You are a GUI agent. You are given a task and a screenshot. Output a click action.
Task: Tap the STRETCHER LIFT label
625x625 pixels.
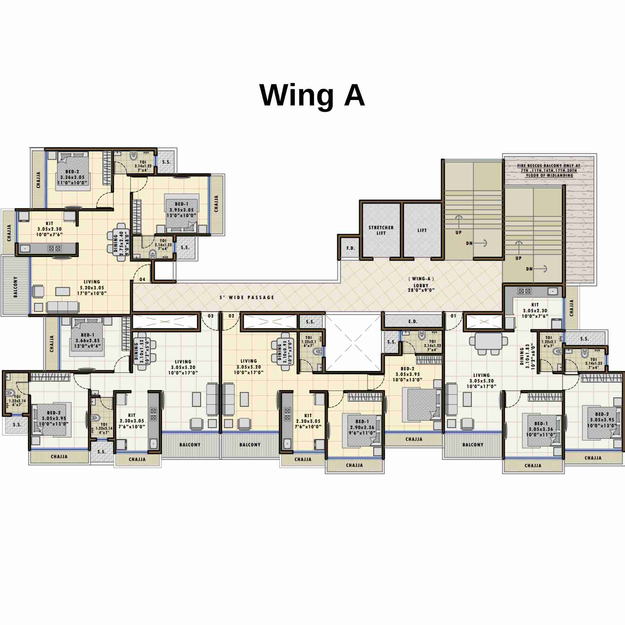coord(381,230)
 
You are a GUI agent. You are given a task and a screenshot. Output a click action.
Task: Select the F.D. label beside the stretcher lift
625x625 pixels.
coord(351,248)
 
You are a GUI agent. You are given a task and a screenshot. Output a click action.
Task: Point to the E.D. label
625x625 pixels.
coord(413,321)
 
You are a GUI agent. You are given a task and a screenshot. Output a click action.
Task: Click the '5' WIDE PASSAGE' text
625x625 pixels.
coord(247,297)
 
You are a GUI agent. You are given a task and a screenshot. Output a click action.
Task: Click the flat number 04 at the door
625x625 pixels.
coord(142,279)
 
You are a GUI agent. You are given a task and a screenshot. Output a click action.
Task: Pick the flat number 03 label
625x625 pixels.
coord(211,316)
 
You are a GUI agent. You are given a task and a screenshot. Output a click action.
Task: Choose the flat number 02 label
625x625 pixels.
coord(232,316)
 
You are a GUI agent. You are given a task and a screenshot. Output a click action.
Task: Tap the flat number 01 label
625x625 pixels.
coord(453,316)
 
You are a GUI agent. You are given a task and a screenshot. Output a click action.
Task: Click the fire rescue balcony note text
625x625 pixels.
coord(549,171)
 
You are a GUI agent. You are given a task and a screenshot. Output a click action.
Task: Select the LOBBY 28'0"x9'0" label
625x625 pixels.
coord(421,287)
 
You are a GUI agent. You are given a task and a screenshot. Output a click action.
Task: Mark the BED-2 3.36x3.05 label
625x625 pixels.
coord(72,177)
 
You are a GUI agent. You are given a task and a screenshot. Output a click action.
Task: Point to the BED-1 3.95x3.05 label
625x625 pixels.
coord(181,210)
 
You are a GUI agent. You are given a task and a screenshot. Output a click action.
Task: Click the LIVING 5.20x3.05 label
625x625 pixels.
coord(92,287)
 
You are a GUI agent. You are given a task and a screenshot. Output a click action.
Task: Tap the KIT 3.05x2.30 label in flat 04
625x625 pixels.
coord(49,229)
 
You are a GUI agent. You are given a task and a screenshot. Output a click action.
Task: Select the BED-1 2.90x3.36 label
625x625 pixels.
coord(362,427)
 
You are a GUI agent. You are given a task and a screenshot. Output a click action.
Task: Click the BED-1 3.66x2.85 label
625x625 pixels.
coord(88,340)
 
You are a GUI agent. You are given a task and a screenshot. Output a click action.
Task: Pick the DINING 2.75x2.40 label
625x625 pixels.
coord(121,243)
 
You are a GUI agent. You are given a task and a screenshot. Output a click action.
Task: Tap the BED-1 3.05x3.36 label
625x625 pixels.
coord(541,429)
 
